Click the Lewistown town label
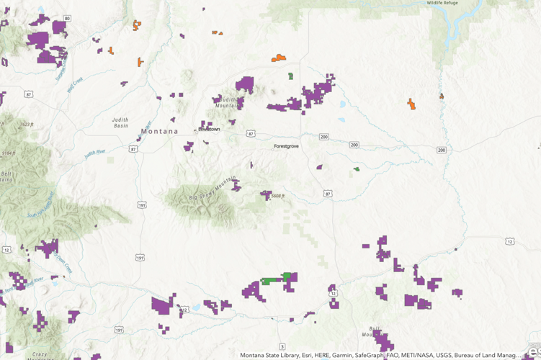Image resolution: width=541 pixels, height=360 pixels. point(209,130)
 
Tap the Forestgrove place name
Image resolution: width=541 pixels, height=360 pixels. point(286,146)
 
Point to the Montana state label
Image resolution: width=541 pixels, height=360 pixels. point(159,132)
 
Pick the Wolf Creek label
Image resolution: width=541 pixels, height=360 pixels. point(76,85)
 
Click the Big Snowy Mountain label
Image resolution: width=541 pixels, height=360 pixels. point(213,189)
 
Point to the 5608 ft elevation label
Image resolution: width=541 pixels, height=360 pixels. point(279,196)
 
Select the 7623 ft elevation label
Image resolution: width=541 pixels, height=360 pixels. point(27,124)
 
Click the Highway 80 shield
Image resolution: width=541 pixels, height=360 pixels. point(67,19)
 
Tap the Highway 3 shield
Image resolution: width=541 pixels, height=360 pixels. point(282,347)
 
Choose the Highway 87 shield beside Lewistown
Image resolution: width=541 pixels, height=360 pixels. point(251,134)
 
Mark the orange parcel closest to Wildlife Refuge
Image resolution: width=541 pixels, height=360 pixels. point(411,104)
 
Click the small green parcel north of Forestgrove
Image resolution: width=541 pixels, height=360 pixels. point(290,76)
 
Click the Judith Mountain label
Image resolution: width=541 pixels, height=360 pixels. point(227,102)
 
